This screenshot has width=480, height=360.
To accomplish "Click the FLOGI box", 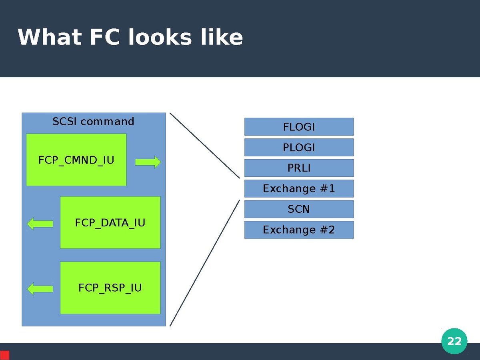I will click(299, 127).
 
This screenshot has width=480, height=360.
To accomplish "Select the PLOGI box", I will click(299, 148).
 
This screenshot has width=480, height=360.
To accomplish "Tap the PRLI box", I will click(299, 168).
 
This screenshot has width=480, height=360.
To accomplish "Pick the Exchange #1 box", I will click(299, 189).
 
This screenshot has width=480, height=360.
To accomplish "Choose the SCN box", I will click(299, 209).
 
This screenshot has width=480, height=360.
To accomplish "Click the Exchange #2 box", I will click(299, 230).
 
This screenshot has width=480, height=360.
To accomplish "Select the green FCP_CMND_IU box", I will click(76, 160).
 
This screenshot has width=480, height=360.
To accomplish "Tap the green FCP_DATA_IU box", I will click(110, 222).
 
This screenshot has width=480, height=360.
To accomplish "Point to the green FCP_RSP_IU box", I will click(110, 288).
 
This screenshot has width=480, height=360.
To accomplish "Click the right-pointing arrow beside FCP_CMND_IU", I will click(148, 162).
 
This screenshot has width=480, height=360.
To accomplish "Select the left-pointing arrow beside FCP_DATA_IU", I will click(40, 224).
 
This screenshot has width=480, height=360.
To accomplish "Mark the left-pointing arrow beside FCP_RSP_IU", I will click(40, 288).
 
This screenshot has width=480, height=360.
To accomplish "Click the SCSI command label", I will click(93, 122).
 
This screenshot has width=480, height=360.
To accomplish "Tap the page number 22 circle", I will click(454, 341).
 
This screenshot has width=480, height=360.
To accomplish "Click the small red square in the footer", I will click(5, 355).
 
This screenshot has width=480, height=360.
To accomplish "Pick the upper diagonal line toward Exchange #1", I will click(204, 145).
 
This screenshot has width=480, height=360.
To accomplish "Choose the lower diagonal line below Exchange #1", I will click(204, 263).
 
